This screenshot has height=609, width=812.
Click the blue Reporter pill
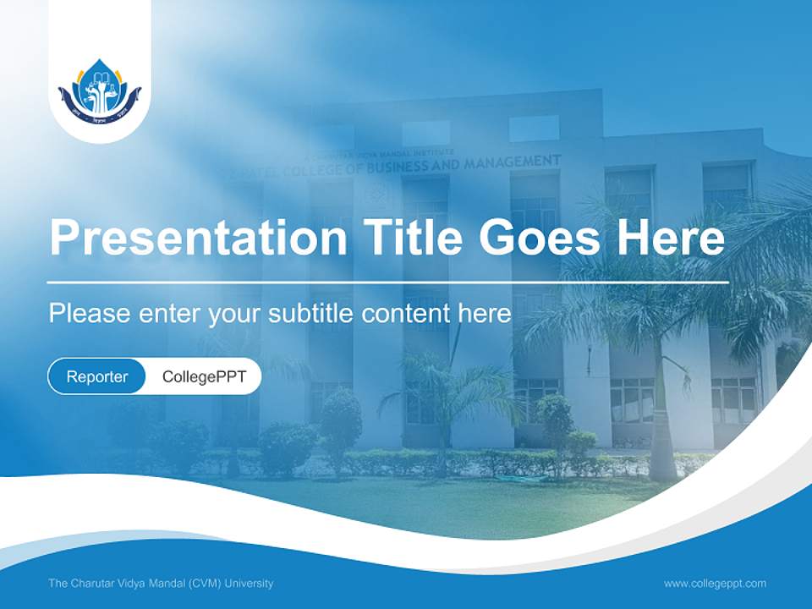click(x=97, y=376)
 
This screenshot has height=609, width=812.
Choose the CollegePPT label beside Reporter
click(x=204, y=376)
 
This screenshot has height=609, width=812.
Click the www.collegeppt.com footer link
click(x=715, y=583)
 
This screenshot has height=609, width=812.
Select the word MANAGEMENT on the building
click(x=515, y=160)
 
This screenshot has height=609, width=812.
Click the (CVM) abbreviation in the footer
click(x=204, y=583)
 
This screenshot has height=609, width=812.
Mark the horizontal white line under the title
click(x=388, y=282)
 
